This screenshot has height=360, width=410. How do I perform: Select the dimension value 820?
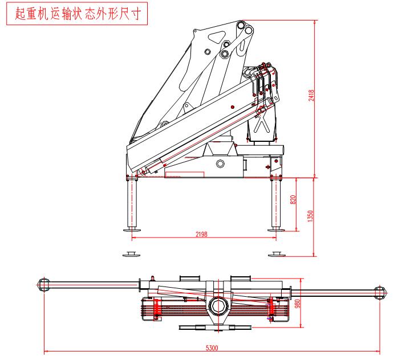293,200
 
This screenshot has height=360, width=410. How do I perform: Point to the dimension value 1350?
310,216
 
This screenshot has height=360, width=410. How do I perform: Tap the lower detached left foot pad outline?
131,253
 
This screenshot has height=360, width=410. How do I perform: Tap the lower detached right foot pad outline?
277,253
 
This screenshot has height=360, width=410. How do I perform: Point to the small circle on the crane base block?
220,163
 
